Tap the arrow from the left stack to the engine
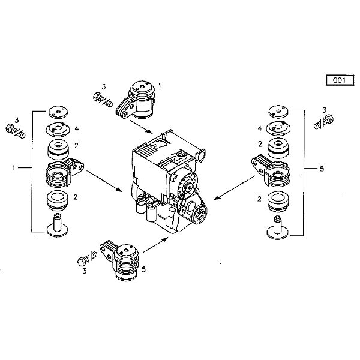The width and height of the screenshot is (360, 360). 106,180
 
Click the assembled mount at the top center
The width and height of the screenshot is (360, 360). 139,100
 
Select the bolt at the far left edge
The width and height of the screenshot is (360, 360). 11,130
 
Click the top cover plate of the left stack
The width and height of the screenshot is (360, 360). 58,112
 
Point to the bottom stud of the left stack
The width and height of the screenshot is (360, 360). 59,225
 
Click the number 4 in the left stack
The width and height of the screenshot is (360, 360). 76,128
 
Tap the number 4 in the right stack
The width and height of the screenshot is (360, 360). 260,128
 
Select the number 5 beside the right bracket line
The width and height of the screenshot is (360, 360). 322,170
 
